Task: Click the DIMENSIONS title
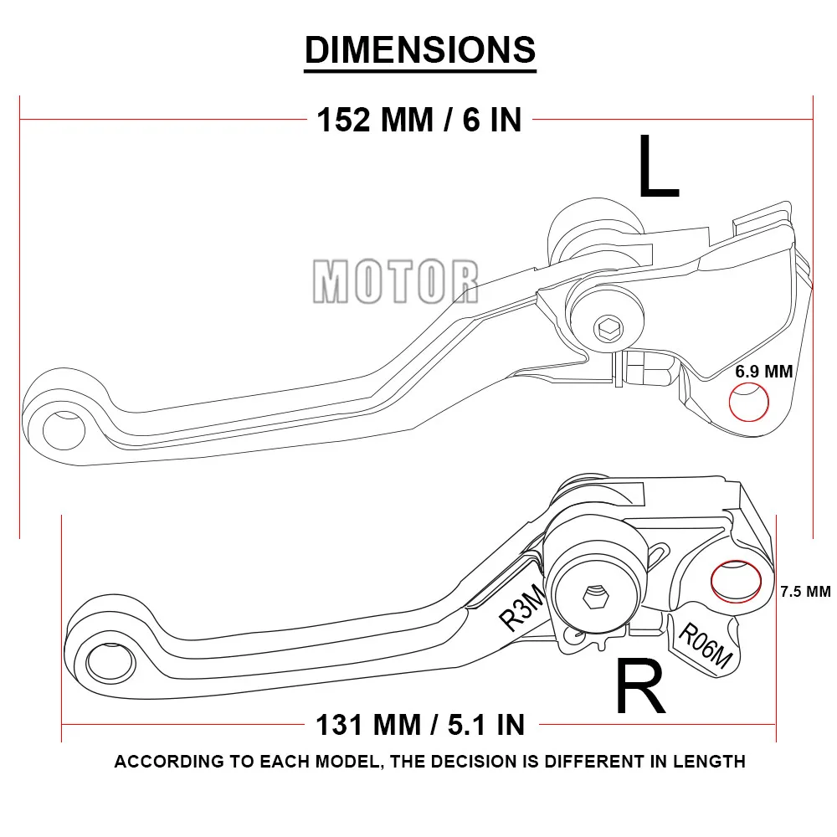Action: pyautogui.click(x=419, y=49)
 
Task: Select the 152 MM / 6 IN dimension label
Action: pyautogui.click(x=418, y=120)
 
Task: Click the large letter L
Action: pyautogui.click(x=658, y=167)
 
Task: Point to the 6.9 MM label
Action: pyautogui.click(x=763, y=372)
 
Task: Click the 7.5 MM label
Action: pyautogui.click(x=804, y=591)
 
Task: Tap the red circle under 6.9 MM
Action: pyautogui.click(x=749, y=403)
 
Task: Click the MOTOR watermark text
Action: pyautogui.click(x=396, y=280)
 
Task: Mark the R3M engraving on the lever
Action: pyautogui.click(x=521, y=608)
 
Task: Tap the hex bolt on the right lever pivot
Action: pyautogui.click(x=595, y=598)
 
